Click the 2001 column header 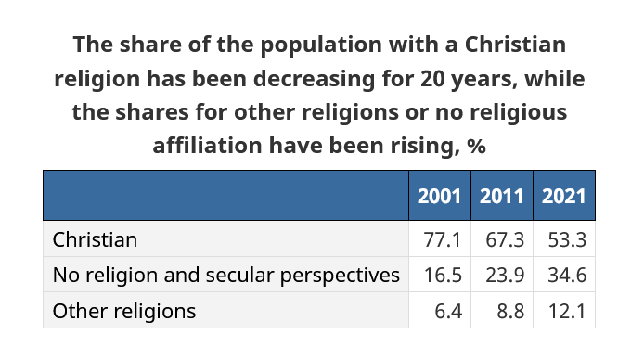(440, 196)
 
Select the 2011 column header (502, 196)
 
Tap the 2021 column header (563, 196)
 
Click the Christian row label (95, 239)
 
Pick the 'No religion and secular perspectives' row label (225, 275)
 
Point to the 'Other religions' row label (124, 311)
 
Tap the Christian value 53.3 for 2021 (567, 239)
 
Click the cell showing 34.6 (567, 275)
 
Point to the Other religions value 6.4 (448, 311)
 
